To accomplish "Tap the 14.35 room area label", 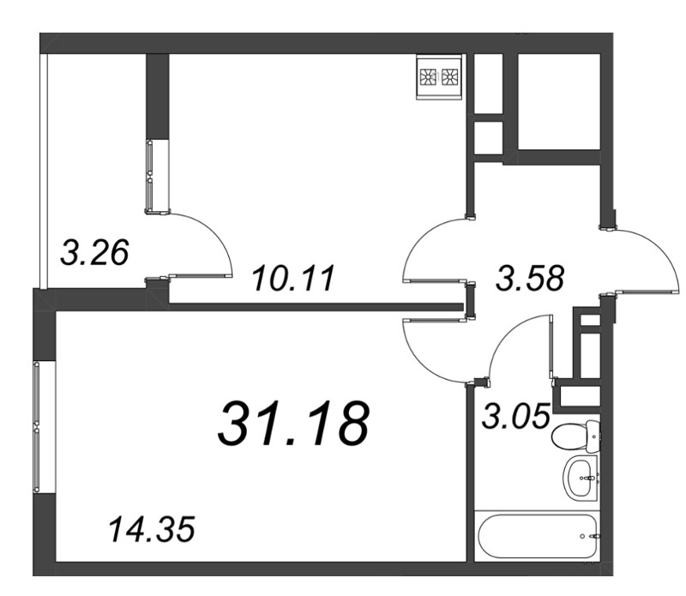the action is [152, 529].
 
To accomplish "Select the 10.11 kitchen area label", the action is [293, 278].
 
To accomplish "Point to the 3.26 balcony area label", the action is [94, 252].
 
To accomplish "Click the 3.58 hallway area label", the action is [530, 278].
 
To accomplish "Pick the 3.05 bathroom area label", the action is [515, 416].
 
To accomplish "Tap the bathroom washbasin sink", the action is [581, 478].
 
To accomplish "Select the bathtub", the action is [538, 536].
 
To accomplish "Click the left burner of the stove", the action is [427, 77].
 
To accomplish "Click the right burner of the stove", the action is [448, 77].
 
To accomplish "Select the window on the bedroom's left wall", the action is [36, 427].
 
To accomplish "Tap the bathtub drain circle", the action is [582, 536].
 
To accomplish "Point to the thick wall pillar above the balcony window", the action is [158, 96].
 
